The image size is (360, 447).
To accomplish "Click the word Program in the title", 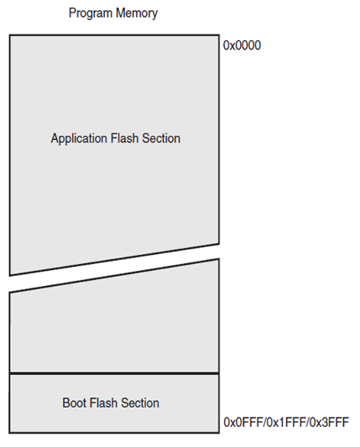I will pyautogui.click(x=90, y=14).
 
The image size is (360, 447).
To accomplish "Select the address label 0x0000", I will pyautogui.click(x=243, y=45).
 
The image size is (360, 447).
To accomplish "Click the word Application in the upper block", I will pyautogui.click(x=80, y=138).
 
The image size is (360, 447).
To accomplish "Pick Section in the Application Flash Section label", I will pyautogui.click(x=162, y=138).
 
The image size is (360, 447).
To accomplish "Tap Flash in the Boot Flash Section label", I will pyautogui.click(x=105, y=403).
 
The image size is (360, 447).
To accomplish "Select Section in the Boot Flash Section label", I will pyautogui.click(x=141, y=403).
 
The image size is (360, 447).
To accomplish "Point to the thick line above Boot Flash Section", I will pyautogui.click(x=114, y=373).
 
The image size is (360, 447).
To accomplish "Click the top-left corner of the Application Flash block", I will pyautogui.click(x=10, y=36).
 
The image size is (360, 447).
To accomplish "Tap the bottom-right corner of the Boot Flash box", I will pyautogui.click(x=218, y=432).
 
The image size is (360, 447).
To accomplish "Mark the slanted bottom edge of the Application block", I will pyautogui.click(x=114, y=259).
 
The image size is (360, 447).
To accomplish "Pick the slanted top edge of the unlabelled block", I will pyautogui.click(x=114, y=276).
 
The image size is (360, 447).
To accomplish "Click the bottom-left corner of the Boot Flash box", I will pyautogui.click(x=10, y=432).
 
